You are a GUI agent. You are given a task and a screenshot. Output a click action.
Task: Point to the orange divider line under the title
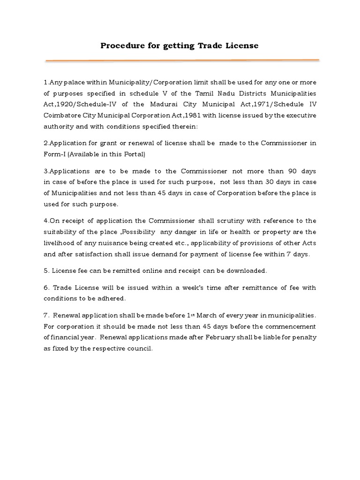[x=182, y=60]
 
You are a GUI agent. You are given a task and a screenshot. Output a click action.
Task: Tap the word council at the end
[x=141, y=349]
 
